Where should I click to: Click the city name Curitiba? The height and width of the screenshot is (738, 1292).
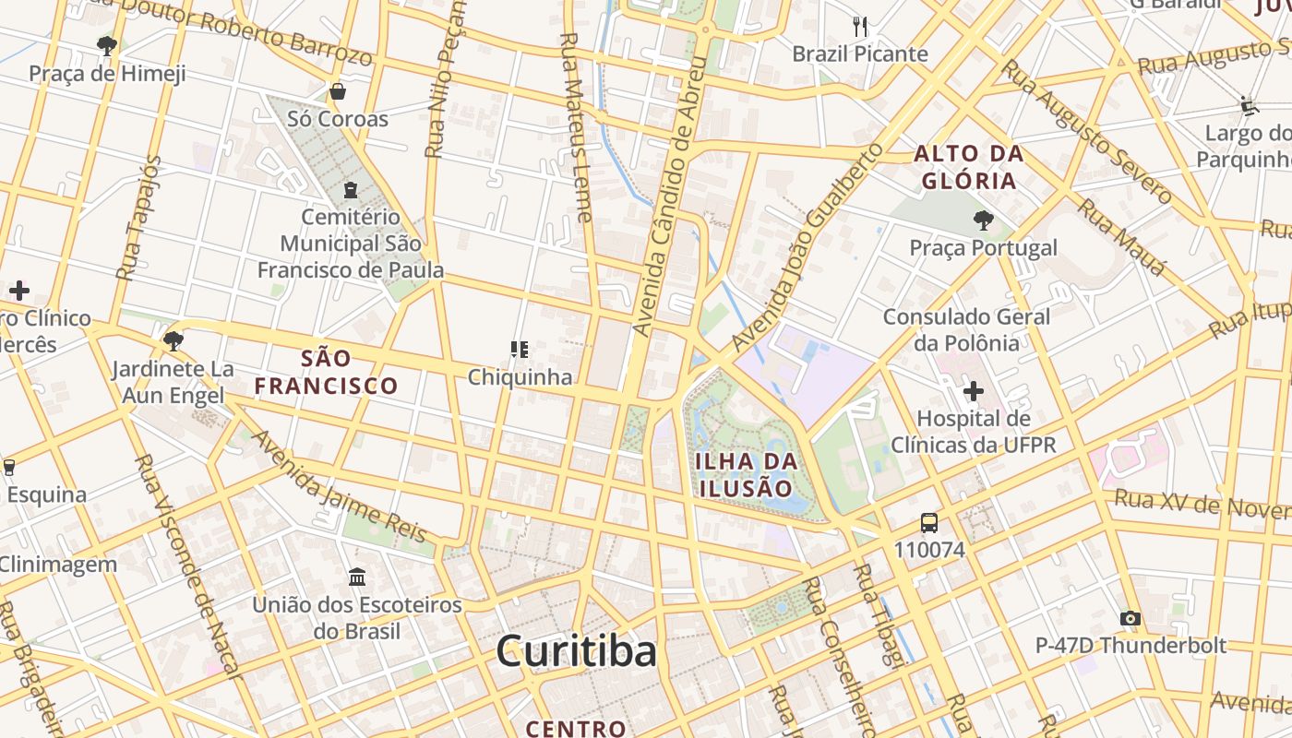pyautogui.click(x=576, y=651)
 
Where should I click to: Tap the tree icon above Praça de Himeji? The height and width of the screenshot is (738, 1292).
pyautogui.click(x=107, y=45)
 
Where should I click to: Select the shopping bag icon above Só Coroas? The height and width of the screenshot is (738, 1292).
pyautogui.click(x=338, y=91)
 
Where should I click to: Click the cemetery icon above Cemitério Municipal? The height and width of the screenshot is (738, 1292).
pyautogui.click(x=351, y=190)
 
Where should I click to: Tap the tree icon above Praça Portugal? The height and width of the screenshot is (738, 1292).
pyautogui.click(x=984, y=220)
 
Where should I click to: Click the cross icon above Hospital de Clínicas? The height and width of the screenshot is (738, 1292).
pyautogui.click(x=973, y=391)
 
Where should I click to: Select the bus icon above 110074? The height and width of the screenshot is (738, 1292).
pyautogui.click(x=929, y=523)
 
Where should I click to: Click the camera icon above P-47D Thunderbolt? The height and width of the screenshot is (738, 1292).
pyautogui.click(x=1130, y=618)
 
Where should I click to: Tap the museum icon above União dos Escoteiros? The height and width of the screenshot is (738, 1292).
pyautogui.click(x=357, y=577)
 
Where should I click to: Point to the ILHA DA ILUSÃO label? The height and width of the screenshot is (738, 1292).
pyautogui.click(x=744, y=474)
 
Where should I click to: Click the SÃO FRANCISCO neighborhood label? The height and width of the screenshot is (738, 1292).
pyautogui.click(x=327, y=372)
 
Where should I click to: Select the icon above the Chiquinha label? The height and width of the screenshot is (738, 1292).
pyautogui.click(x=520, y=350)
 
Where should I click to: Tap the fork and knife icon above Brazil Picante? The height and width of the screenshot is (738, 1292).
pyautogui.click(x=860, y=27)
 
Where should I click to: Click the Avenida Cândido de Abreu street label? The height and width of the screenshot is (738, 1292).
pyautogui.click(x=669, y=196)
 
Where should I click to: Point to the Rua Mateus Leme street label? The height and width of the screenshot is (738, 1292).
pyautogui.click(x=577, y=128)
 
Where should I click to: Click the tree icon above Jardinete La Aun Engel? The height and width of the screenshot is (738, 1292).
pyautogui.click(x=173, y=341)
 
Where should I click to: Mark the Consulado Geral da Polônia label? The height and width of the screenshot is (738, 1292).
pyautogui.click(x=966, y=329)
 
